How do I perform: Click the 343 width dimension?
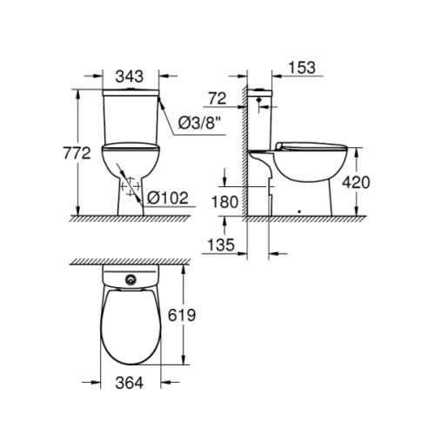tap(130, 77)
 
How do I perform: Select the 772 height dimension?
tap(77, 153)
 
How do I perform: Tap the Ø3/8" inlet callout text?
tap(200, 124)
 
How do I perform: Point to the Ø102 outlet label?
tap(168, 198)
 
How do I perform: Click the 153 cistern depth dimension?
tap(302, 68)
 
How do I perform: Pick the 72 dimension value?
tap(217, 98)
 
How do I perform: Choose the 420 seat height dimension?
tap(356, 183)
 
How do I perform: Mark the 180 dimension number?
tap(225, 202)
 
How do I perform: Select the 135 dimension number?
tap(221, 244)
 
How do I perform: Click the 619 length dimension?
tap(182, 315)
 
